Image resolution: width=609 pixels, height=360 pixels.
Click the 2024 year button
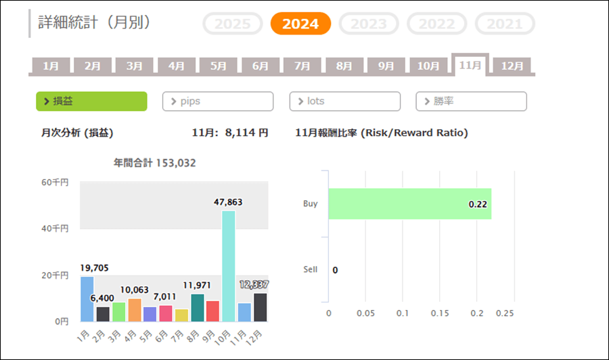300,24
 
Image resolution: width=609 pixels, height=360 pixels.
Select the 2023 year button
369,24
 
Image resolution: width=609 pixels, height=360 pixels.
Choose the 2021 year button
505,24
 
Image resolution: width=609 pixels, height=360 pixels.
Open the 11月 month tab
470,66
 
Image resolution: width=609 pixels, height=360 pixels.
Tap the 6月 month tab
260,66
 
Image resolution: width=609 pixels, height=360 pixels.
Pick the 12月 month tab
512,66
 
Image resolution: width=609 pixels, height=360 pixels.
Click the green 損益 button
91,102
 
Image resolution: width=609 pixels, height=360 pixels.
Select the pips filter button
218,102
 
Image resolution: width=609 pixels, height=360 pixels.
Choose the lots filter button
344,102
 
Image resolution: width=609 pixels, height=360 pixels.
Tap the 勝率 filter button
471,102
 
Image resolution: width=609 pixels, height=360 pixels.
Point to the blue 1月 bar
87,299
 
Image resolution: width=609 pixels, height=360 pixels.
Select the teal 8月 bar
197,308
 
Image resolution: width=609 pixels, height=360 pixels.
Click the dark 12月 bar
261,307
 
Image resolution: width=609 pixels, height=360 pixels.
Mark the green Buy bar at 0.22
409,204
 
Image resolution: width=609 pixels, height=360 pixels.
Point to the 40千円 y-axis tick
55,229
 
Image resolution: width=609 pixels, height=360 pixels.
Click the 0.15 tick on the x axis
439,313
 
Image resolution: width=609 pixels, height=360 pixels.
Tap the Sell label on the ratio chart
310,269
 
